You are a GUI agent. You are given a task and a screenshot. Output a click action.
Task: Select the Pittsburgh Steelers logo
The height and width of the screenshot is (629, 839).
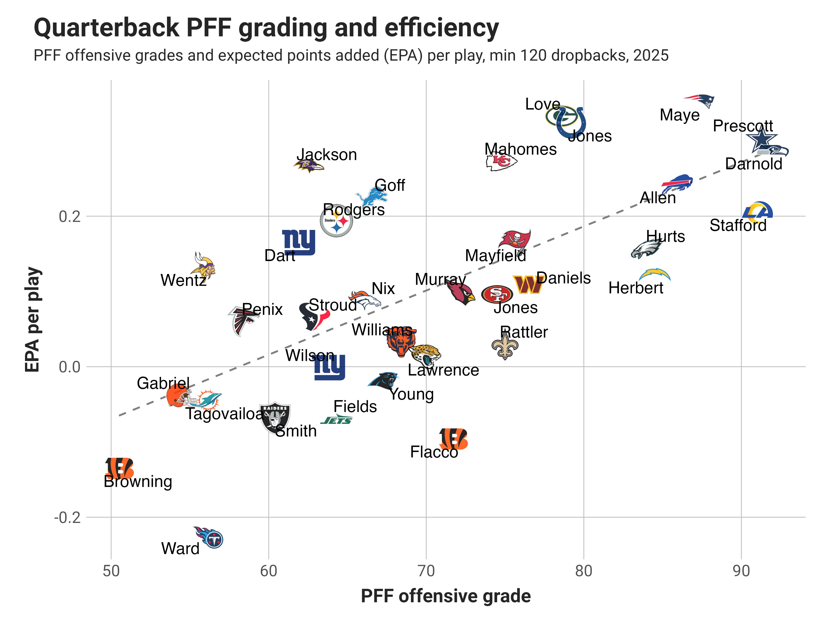point(336,221)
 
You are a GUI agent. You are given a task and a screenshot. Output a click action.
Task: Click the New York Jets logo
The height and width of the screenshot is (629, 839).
point(336,420)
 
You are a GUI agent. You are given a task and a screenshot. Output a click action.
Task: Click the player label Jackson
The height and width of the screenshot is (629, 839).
point(327,155)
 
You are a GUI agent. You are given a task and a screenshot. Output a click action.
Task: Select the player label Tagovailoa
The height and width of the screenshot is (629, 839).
point(224,414)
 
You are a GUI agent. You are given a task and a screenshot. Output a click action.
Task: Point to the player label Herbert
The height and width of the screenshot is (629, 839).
point(636,288)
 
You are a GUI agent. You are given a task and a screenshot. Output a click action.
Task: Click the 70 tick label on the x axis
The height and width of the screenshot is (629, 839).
point(426,571)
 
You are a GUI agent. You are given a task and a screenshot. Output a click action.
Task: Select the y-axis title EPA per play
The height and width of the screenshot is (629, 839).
point(33,319)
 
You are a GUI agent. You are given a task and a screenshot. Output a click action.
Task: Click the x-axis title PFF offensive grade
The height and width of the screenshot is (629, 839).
point(446,596)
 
